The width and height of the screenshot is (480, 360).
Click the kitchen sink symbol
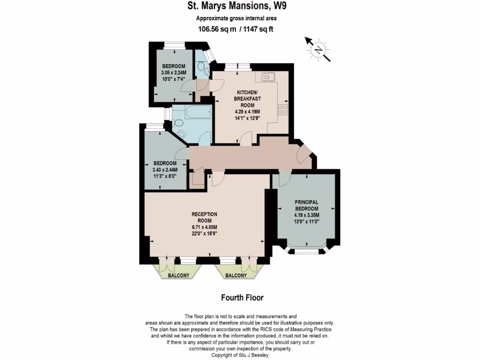coord(269,76)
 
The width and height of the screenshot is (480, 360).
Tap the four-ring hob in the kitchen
coord(283,109)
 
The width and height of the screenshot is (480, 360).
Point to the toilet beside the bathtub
coord(178,123)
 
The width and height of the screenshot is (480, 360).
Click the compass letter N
coord(318,50)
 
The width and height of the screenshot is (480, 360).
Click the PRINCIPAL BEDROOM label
coord(307,205)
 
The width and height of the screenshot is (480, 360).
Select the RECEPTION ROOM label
coord(204,217)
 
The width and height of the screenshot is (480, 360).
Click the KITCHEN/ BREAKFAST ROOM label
coord(248,99)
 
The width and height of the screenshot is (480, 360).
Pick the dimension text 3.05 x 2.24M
coord(174,73)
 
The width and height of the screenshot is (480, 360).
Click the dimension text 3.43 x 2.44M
coord(166,170)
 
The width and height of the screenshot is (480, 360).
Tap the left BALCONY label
coord(178,276)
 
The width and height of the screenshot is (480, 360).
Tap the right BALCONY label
coord(236,276)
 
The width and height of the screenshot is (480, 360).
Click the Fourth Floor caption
coord(242,298)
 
